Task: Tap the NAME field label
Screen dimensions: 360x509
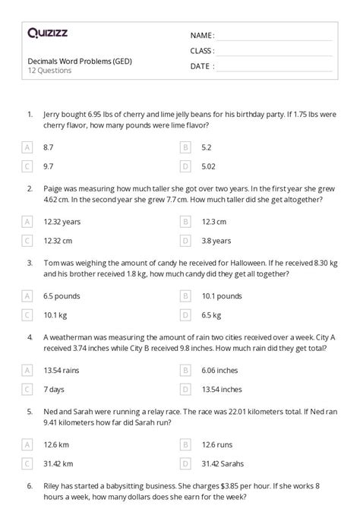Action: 202,35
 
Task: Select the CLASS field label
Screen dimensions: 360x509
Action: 202,51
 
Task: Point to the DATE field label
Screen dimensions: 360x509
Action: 201,66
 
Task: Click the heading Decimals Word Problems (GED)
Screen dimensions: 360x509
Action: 78,62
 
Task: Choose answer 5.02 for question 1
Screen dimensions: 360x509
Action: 211,165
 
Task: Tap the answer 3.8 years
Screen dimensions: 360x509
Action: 216,241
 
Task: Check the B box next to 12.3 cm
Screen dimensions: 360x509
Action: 185,222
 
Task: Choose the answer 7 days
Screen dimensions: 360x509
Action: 55,389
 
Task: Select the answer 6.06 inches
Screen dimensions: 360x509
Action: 220,370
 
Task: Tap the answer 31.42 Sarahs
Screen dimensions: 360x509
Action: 224,463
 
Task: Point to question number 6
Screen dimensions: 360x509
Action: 29,485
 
